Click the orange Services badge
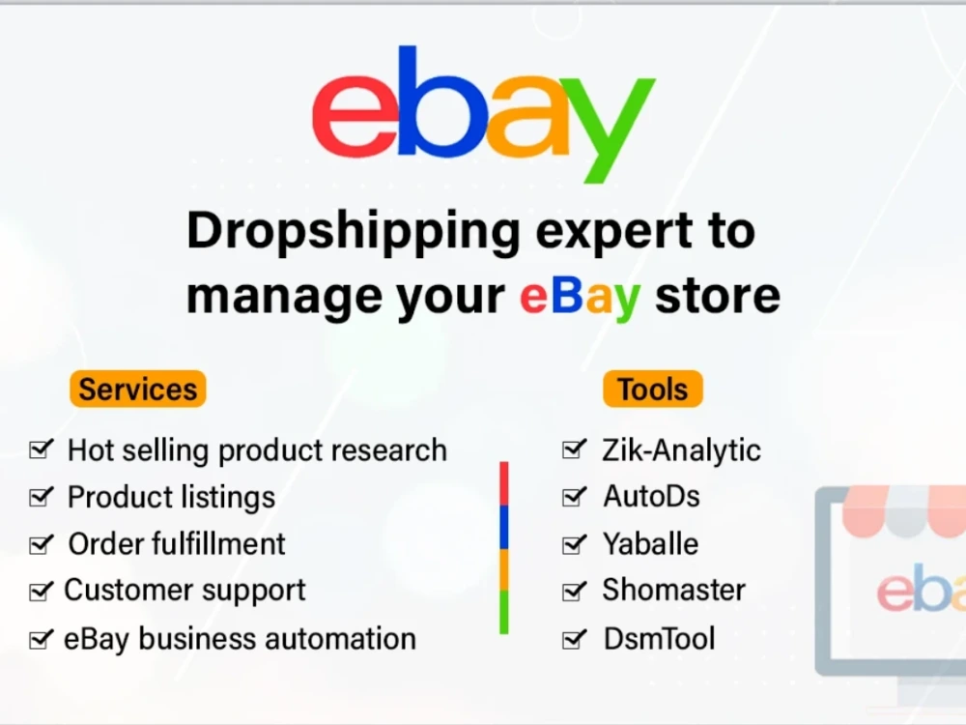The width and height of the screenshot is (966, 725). [138, 389]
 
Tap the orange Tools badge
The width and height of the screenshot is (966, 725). [653, 389]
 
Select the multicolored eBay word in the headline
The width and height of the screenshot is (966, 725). [580, 298]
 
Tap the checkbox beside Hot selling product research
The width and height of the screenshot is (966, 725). [42, 449]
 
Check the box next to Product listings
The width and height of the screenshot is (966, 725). [42, 496]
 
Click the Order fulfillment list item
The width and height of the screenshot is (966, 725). [177, 543]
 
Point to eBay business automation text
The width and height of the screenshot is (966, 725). [241, 639]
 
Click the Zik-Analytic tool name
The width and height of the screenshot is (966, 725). [681, 450]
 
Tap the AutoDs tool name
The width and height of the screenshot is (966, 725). [652, 496]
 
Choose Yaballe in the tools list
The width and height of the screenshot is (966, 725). [650, 543]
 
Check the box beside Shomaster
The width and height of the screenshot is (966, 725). [574, 591]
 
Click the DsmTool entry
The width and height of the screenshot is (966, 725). [659, 639]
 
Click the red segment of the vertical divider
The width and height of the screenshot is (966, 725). [504, 484]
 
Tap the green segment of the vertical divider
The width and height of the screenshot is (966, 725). [504, 612]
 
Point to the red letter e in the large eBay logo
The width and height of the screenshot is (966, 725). [357, 115]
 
